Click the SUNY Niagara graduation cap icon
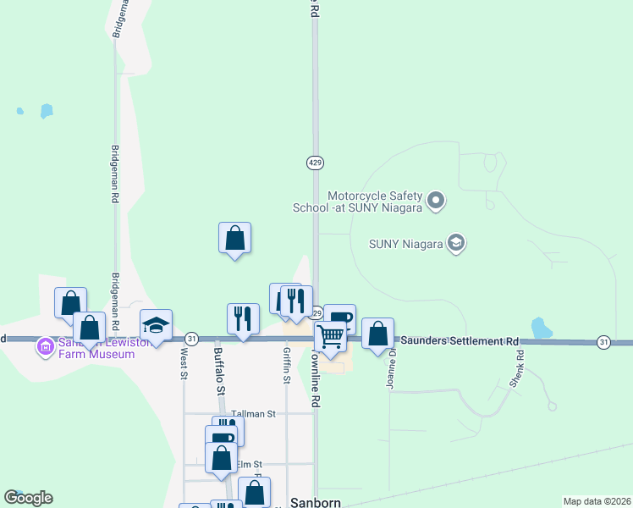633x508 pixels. click(x=456, y=244)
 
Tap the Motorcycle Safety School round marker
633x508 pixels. click(x=436, y=201)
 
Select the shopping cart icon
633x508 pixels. click(x=330, y=336)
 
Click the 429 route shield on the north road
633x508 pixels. click(x=314, y=162)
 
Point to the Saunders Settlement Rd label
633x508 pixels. click(x=459, y=340)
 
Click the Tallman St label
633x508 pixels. click(x=255, y=414)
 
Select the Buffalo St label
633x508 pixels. click(x=218, y=370)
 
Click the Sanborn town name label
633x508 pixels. click(x=315, y=501)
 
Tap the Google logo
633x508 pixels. click(x=28, y=498)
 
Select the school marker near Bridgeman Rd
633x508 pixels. click(x=156, y=324)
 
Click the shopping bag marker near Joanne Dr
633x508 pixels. click(x=377, y=333)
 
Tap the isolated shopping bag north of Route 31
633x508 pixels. click(x=234, y=238)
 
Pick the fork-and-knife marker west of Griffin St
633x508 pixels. click(x=243, y=318)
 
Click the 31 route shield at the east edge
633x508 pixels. click(x=603, y=342)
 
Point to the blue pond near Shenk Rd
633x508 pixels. click(x=538, y=327)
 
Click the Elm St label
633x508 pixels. click(x=250, y=464)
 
